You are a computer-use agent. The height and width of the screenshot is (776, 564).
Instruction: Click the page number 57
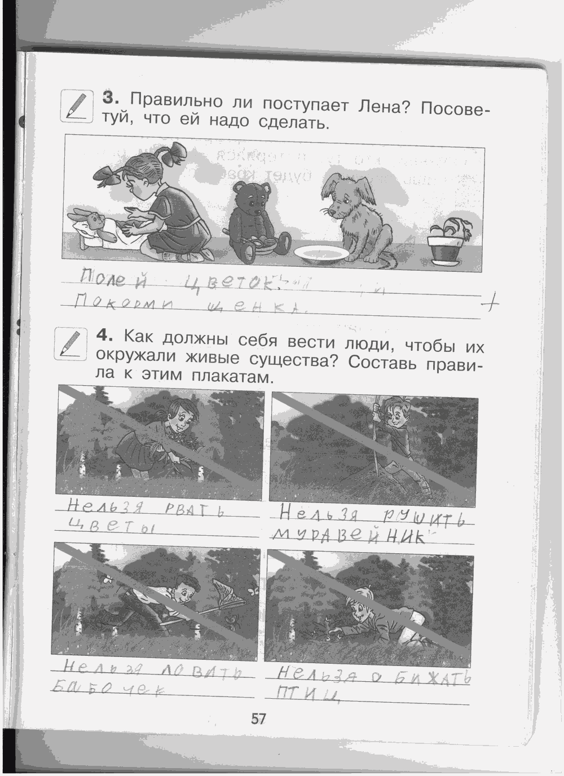tap(258, 718)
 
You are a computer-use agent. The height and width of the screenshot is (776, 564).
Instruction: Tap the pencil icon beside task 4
tap(70, 344)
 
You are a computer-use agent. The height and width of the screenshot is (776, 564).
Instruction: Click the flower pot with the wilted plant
tap(448, 242)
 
